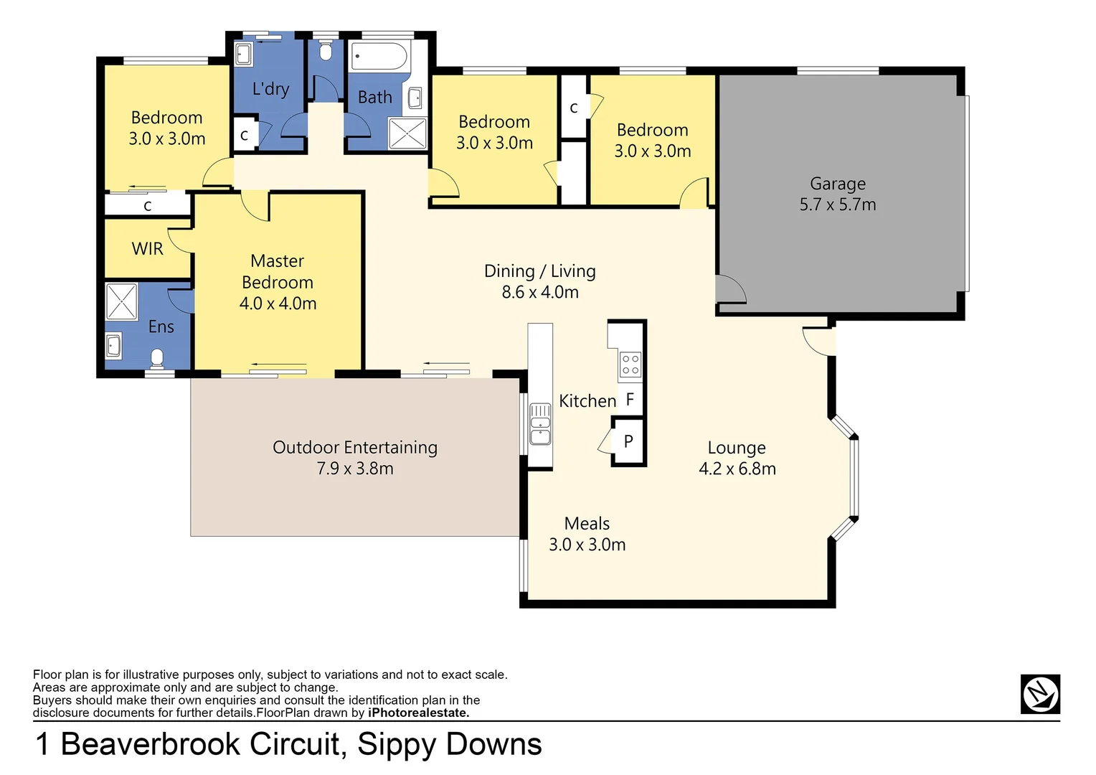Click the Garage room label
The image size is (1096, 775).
coord(837,184)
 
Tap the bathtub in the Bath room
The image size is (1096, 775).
coord(379,56)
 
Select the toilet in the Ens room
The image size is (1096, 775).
coord(158,357)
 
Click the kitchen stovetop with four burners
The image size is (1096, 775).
coord(630,365)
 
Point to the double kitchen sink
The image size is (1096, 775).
coord(539,424)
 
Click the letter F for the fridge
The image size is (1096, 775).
coord(630,400)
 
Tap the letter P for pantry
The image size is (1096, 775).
coord(628,441)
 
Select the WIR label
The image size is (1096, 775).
coord(147,249)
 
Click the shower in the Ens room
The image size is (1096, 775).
coord(121,301)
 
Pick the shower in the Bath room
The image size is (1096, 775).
coord(407,133)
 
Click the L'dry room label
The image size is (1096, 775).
coord(270,89)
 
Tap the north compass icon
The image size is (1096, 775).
coord(1039,694)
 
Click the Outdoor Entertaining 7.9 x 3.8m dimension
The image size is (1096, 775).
coord(355,469)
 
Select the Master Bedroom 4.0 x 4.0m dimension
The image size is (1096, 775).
coord(278,304)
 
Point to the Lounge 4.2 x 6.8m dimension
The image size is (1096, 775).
coord(737,469)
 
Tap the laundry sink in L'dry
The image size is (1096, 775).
coord(243,54)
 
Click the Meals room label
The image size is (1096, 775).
coord(587,524)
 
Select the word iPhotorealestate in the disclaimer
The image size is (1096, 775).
coord(418,713)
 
